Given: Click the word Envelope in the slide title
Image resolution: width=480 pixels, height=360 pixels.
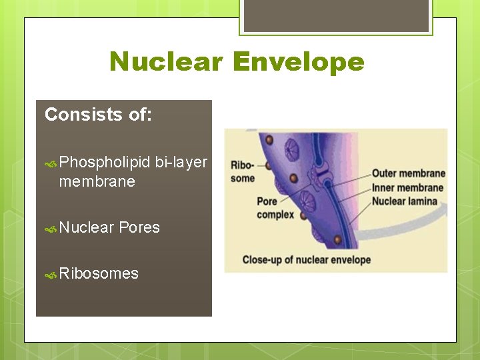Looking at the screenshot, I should pos(299,62).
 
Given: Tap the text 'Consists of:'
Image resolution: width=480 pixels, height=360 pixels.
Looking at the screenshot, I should pos(98,115).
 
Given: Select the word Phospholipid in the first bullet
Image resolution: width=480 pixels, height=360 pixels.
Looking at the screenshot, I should pos(105,163).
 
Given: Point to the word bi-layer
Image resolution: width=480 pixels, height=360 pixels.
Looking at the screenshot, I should pos(181,163).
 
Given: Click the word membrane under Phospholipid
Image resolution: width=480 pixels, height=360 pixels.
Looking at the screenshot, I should pos(97,181).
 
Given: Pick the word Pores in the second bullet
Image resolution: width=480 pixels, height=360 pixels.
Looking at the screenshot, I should pos(139,227).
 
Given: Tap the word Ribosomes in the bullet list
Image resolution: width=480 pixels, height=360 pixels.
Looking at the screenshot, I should pos(99,273).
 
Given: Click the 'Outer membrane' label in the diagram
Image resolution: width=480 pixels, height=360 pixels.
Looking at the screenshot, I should pos(408,174).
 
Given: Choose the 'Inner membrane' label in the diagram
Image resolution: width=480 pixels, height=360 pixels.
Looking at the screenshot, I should pos(408,187).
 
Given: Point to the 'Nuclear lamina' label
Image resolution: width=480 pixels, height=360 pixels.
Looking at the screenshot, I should pos(405,201).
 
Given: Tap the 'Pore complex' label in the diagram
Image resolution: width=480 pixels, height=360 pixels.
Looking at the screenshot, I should pos(275,208).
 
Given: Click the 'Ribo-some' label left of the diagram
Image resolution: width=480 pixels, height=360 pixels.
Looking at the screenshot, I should pos(243,171).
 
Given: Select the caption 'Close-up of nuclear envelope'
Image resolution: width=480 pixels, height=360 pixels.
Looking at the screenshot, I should pos(306,260).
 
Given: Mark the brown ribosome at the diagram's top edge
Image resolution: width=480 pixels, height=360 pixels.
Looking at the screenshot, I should pos(269,140).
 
